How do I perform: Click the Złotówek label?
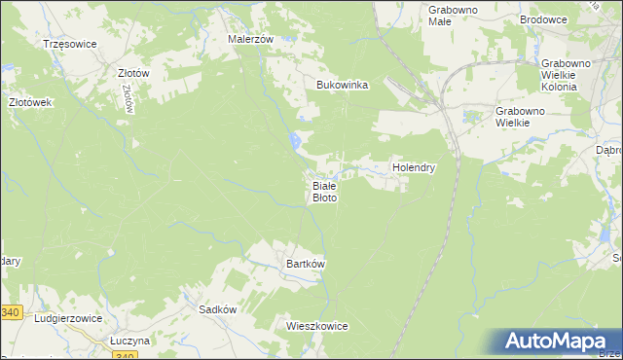[29, 101]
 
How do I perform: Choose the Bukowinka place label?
[343, 85]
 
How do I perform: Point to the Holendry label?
[413, 167]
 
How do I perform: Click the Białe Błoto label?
[324, 191]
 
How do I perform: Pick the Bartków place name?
[305, 264]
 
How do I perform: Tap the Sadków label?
[217, 308]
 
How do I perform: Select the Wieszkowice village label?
[317, 326]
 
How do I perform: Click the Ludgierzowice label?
[69, 318]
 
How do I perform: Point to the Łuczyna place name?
[129, 341]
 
